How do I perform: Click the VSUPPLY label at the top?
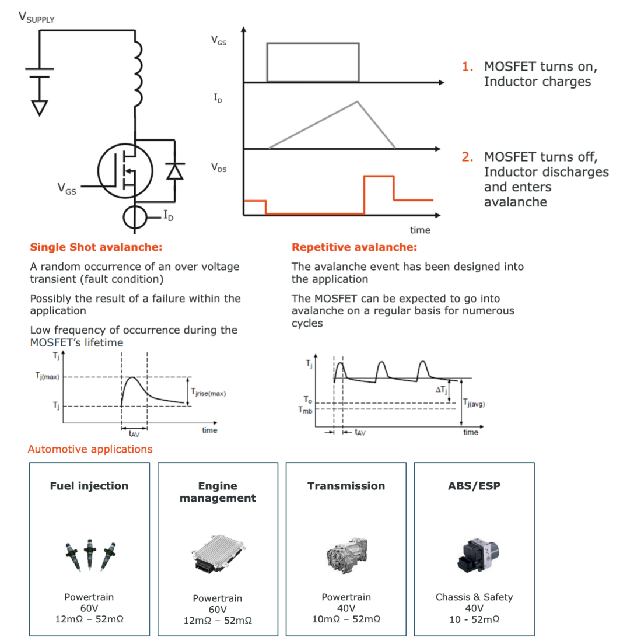point(37,17)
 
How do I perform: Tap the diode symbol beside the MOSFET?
point(174,170)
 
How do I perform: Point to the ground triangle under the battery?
point(39,107)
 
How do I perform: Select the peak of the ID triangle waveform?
point(356,102)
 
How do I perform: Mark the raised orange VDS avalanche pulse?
point(379,187)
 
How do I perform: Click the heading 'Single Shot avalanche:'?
point(96,247)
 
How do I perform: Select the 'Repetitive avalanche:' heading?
point(354,247)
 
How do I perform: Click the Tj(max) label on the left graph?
point(47,377)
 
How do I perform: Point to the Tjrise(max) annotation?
point(208,393)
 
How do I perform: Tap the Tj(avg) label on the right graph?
point(474,402)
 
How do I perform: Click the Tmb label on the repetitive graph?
point(305,409)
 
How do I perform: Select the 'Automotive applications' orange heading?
point(90,449)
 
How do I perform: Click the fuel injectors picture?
point(89,554)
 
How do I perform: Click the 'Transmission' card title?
point(346,486)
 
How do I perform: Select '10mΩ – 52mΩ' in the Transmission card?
point(346,619)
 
